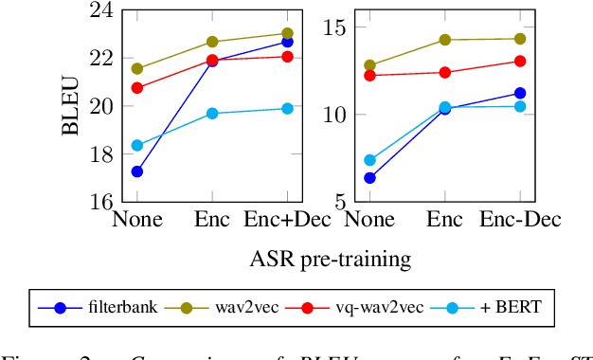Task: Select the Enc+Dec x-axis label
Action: click(286, 221)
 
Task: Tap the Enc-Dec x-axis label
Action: click(519, 221)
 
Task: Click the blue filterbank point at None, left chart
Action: click(137, 171)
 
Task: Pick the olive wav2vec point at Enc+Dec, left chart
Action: click(287, 33)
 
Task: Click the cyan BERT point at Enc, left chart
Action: click(212, 114)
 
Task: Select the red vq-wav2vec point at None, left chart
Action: click(137, 87)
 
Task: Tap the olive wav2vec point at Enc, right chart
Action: click(444, 40)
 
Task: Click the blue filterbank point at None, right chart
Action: click(369, 177)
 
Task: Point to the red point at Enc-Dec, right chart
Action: click(519, 61)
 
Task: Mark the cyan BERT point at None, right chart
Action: click(369, 160)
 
